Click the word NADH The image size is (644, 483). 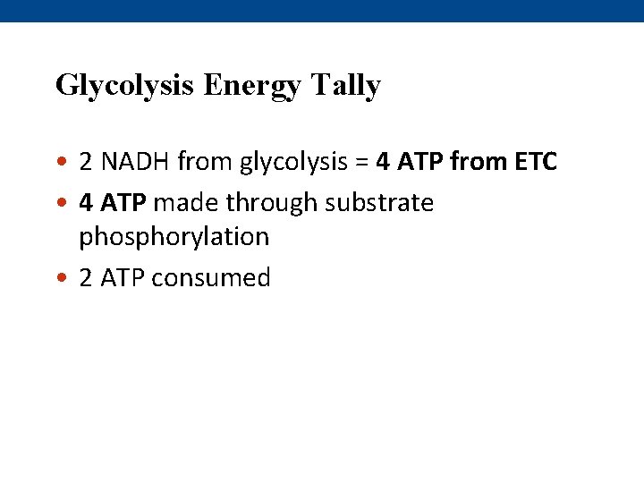(x=136, y=162)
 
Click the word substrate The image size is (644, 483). (x=379, y=203)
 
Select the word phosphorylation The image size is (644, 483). (x=174, y=237)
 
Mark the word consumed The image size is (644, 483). (x=211, y=278)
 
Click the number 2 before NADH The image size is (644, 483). (x=86, y=162)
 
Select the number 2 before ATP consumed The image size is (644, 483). (x=86, y=278)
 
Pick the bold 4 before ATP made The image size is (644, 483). (x=86, y=203)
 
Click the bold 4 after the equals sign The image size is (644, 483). (x=383, y=162)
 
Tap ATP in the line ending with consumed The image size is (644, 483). (x=123, y=278)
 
